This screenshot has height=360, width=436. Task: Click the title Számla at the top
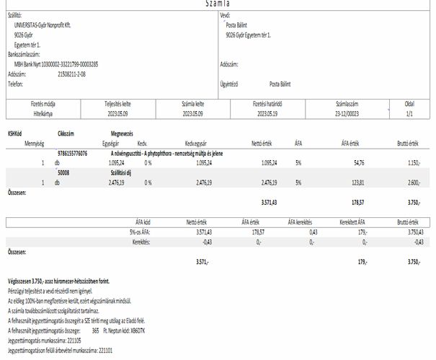[x=218, y=4]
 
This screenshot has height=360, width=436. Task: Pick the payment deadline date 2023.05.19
[x=266, y=113]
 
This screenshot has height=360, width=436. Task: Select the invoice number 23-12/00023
[x=346, y=113]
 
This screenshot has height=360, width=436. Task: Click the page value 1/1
[x=409, y=113]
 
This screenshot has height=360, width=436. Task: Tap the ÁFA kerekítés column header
[x=301, y=221]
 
